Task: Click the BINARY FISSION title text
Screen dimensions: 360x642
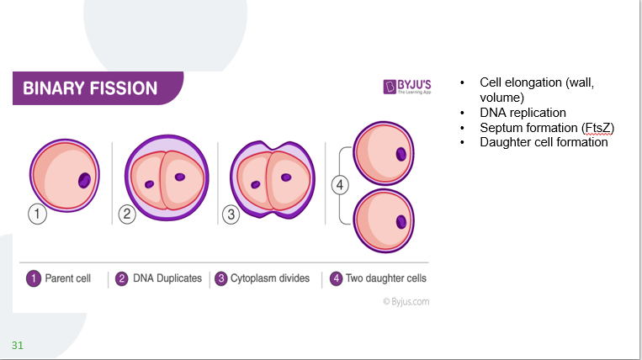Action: pos(90,88)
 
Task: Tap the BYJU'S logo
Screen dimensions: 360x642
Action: pos(407,87)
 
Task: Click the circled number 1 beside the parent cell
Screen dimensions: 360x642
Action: pos(37,214)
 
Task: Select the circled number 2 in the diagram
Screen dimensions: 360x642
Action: pos(127,214)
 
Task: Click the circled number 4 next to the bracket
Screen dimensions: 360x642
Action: pos(340,185)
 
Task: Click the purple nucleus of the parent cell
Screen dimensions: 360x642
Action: pos(84,180)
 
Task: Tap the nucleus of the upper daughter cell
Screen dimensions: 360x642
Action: pos(401,155)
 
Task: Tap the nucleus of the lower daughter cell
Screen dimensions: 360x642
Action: pos(401,222)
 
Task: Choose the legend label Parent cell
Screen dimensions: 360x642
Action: pos(68,278)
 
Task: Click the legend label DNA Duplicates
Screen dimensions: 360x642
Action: pos(167,278)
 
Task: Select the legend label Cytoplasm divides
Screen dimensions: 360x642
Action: pos(270,278)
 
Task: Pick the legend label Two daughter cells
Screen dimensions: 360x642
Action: pos(386,278)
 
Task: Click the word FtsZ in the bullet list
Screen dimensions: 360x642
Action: pos(598,127)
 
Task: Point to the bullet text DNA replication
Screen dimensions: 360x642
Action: pos(523,112)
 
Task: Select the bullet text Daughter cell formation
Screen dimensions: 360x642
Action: pos(544,142)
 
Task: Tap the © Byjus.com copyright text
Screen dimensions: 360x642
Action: pos(406,301)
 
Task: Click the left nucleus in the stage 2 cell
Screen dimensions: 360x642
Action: pos(149,184)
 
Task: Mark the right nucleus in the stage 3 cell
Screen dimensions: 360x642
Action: pos(286,177)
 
